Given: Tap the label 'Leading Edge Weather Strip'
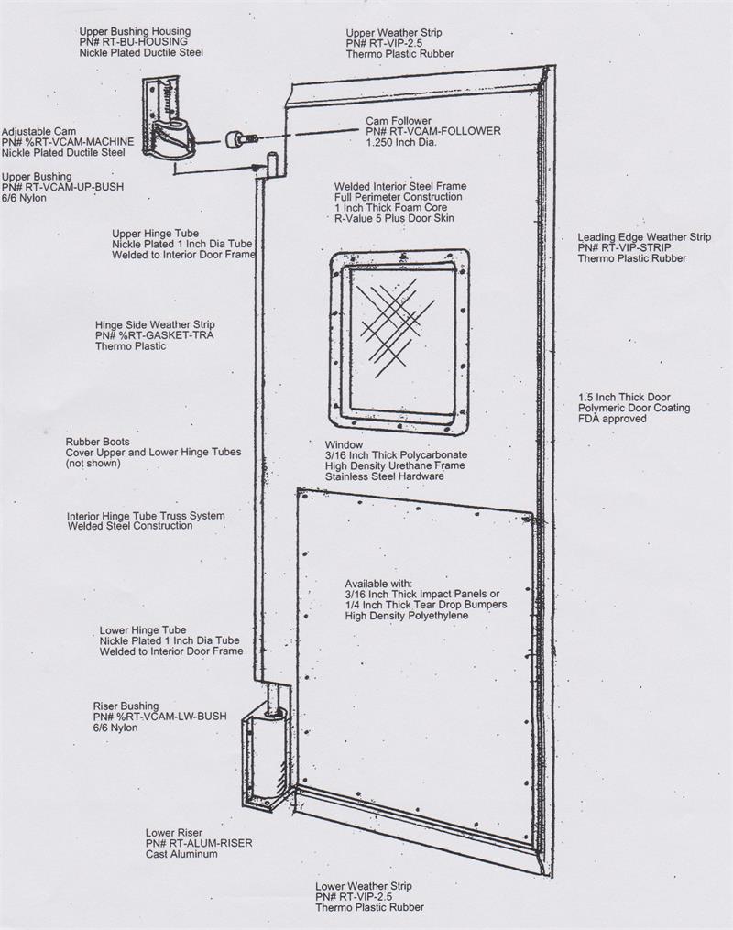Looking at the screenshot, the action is point(644,237).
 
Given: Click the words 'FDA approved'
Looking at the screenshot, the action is point(612,419).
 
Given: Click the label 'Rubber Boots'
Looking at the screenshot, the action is point(97,442).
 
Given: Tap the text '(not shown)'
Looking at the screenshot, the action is point(93,464).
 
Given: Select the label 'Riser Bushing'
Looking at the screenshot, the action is point(126,706).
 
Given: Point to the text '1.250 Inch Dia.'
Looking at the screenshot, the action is point(401,142).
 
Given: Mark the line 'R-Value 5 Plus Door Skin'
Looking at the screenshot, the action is point(394,218).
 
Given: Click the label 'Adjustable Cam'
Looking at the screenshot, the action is point(38,132).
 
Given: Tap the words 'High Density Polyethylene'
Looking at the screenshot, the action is point(406,616).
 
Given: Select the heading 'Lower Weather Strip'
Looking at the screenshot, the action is point(364,886).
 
